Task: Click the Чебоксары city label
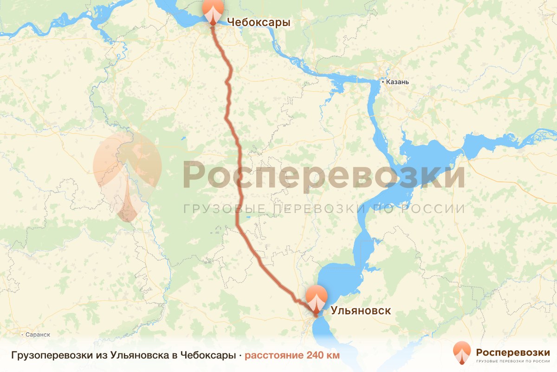[258, 22]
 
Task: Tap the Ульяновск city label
[360, 311]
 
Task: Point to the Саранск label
[38, 334]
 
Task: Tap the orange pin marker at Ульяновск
[316, 299]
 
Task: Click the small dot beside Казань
[382, 82]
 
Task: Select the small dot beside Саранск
[23, 334]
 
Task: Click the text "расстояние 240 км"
[292, 355]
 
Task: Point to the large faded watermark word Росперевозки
[323, 175]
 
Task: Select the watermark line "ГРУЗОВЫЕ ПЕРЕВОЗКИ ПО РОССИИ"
[324, 208]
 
